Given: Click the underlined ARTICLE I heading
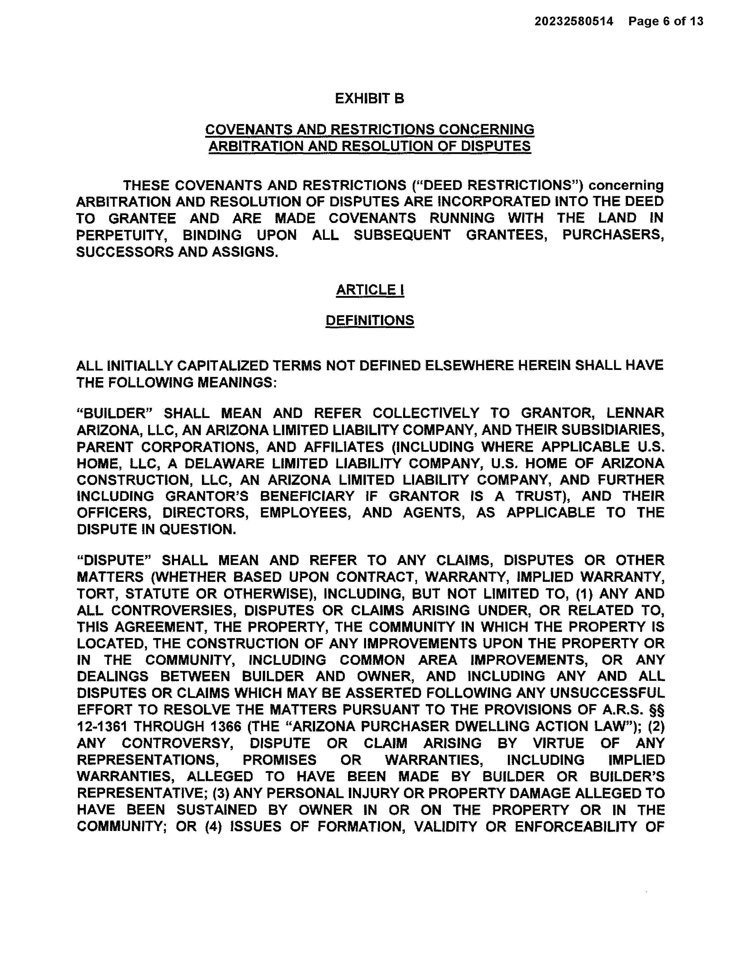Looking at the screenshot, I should (x=370, y=290).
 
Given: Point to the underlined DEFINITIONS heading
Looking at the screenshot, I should (x=370, y=320).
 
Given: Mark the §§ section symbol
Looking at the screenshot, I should (x=656, y=710).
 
